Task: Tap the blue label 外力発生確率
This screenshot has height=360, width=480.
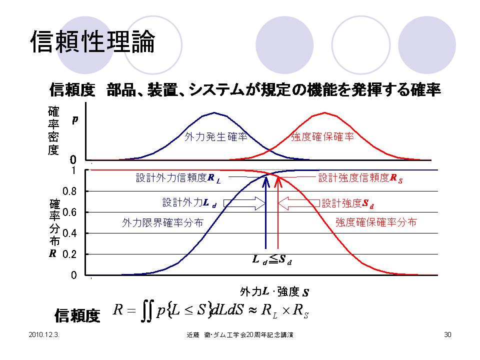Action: pyautogui.click(x=216, y=136)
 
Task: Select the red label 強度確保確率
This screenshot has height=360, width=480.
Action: pyautogui.click(x=322, y=136)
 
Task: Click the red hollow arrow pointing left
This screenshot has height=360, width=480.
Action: pyautogui.click(x=298, y=203)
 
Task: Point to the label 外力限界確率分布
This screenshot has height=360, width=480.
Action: pyautogui.click(x=162, y=223)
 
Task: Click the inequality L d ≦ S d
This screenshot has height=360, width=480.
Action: pyautogui.click(x=271, y=260)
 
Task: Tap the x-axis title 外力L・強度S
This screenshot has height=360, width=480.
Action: pyautogui.click(x=273, y=291)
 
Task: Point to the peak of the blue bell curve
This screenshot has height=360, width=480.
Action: pyautogui.click(x=214, y=112)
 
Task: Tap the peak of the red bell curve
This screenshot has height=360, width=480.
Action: pyautogui.click(x=325, y=112)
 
